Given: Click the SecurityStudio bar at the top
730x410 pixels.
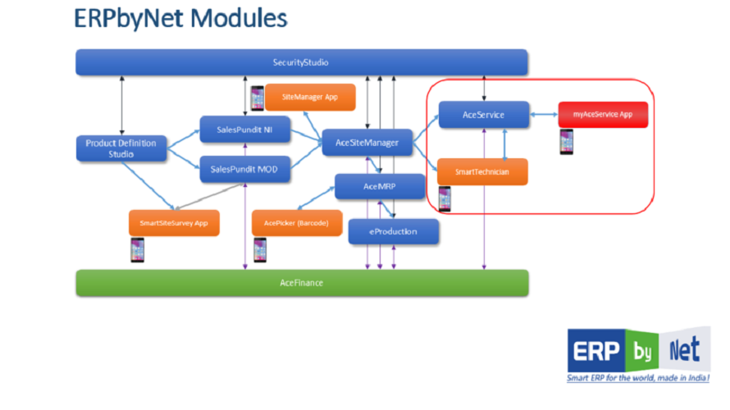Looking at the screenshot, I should point(302,62).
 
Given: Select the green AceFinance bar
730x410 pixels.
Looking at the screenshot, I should point(302,282).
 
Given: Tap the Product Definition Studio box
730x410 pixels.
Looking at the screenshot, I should point(121,148).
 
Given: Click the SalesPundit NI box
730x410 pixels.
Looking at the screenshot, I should point(244,130).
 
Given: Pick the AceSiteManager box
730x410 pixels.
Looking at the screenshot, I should point(367,143).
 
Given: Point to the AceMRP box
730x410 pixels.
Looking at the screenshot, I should point(380,187).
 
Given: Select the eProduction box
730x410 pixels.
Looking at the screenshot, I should point(394,231).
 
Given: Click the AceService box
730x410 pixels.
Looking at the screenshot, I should point(484,115).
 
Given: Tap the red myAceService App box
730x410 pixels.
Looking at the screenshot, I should point(603,115).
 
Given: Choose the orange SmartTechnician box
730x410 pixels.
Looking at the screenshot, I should point(482,171).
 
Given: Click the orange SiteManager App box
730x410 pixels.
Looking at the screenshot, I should point(310,97).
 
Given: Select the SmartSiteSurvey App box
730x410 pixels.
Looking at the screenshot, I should point(174,222).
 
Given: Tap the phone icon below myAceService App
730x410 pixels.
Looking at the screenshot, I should point(566,142).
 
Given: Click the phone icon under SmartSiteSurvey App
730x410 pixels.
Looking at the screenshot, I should point(138,249).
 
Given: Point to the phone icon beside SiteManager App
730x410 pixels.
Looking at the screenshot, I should point(257,98).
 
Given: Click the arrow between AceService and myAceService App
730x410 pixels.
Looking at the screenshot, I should point(543,115).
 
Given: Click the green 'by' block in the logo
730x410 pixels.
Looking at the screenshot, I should point(641,350).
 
